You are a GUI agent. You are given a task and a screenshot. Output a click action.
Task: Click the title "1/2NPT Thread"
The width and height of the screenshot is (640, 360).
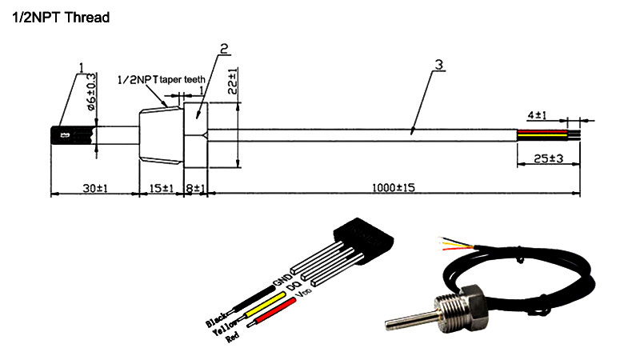pyautogui.click(x=60, y=16)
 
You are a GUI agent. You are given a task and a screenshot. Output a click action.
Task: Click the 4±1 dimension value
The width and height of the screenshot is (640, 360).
pyautogui.click(x=537, y=114)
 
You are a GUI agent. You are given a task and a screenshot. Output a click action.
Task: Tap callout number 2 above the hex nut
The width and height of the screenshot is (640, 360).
pyautogui.click(x=225, y=47)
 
